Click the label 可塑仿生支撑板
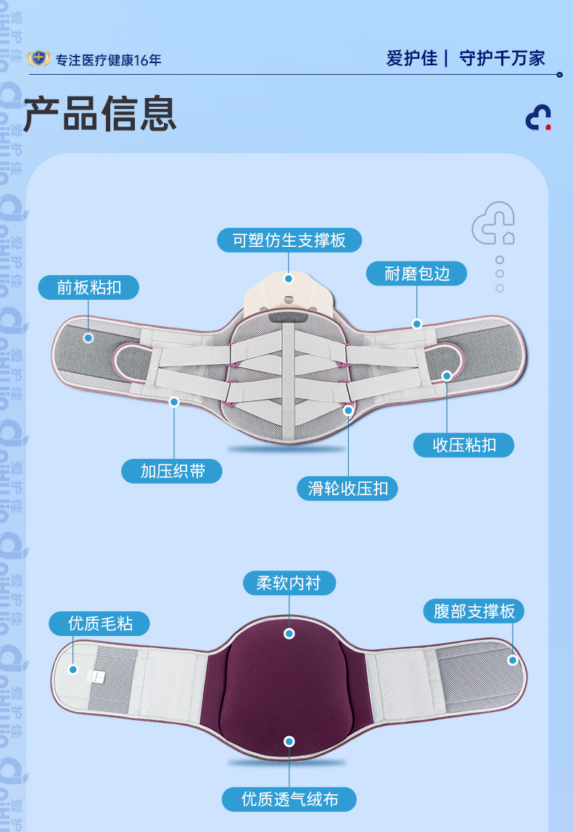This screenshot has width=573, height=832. (x=289, y=240)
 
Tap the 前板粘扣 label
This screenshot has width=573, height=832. (x=88, y=287)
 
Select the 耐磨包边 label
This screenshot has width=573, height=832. (x=416, y=273)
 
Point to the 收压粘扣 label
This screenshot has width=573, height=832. (x=463, y=445)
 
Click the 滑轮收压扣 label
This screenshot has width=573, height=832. (x=347, y=489)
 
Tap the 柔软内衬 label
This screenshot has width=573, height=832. (x=289, y=582)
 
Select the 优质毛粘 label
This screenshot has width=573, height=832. (x=100, y=623)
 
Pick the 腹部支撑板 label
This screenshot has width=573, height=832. (x=474, y=611)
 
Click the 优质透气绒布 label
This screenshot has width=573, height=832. (x=289, y=799)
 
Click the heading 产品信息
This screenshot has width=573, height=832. (x=100, y=114)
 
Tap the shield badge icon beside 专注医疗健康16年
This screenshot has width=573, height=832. (x=38, y=59)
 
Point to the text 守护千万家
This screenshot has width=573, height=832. (x=502, y=58)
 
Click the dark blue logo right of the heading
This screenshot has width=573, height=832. (x=538, y=118)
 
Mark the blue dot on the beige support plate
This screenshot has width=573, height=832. (x=289, y=278)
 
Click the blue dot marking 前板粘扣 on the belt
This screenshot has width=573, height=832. (x=88, y=338)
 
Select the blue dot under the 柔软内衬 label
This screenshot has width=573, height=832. (x=289, y=633)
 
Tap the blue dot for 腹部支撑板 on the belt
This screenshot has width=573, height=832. (x=512, y=660)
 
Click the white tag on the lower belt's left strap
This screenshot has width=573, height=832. (x=95, y=676)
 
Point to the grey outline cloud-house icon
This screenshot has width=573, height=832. (x=493, y=224)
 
